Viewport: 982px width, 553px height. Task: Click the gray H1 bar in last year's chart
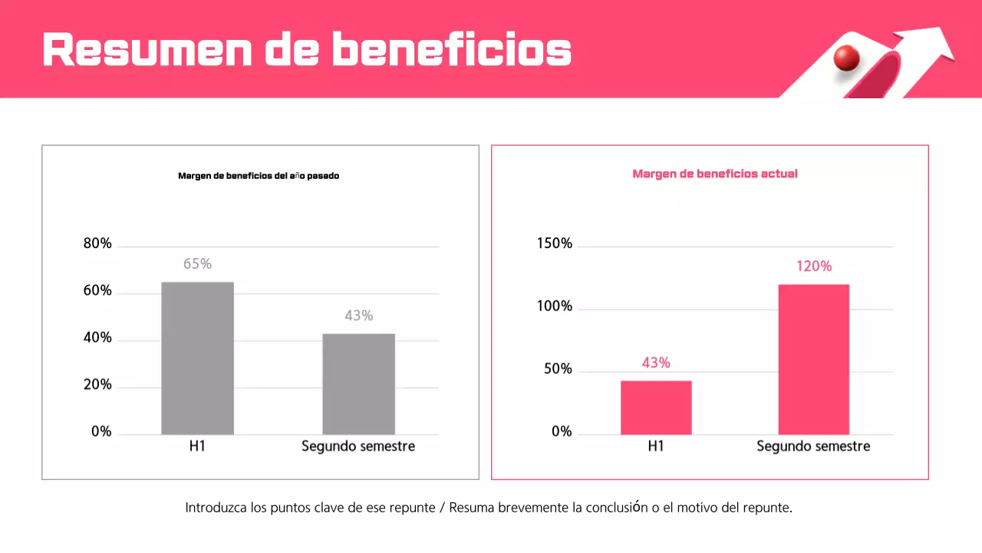click(197, 358)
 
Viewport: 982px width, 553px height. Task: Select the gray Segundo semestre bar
click(358, 383)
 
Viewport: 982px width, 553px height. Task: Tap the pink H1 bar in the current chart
click(656, 407)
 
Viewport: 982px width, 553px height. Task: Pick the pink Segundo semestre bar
click(813, 359)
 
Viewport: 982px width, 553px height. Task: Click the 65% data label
click(197, 264)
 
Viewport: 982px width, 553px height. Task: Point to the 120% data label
click(813, 267)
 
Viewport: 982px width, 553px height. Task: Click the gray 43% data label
click(358, 316)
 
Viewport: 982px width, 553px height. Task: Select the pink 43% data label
click(656, 363)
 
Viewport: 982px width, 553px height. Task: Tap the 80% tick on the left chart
click(97, 244)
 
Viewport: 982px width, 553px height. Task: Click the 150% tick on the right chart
click(554, 243)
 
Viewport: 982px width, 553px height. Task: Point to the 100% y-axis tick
click(554, 306)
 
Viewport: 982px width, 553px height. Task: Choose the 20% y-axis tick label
click(97, 385)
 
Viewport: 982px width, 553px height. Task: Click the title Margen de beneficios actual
click(714, 174)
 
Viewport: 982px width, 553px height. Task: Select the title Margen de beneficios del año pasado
click(259, 176)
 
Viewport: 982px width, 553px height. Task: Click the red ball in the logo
click(847, 58)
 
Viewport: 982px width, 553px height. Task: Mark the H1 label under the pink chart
click(656, 446)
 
